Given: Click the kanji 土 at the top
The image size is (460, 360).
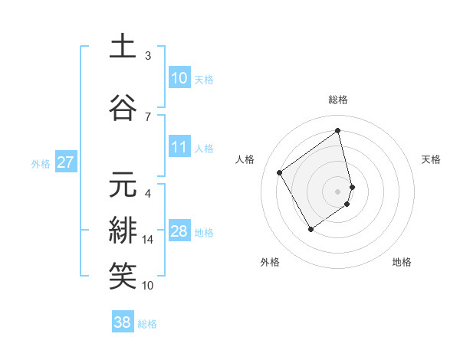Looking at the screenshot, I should click(123, 47).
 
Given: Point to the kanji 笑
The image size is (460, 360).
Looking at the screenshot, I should click(123, 277).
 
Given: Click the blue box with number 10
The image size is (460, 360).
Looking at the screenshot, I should click(179, 78).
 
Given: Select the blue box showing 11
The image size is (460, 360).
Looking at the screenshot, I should click(179, 147).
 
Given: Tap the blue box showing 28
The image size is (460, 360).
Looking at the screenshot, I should click(179, 232).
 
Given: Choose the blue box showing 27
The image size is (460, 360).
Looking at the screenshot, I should click(65, 162).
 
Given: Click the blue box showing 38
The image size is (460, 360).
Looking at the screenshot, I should click(123, 322).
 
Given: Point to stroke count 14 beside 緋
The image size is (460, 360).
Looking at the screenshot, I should click(148, 240).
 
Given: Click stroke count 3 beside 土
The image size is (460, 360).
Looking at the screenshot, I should click(148, 55).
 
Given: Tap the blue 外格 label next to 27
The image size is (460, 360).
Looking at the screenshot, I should click(41, 163).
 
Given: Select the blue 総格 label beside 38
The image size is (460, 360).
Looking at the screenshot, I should click(147, 324).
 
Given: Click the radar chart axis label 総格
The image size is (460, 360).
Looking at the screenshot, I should click(338, 100).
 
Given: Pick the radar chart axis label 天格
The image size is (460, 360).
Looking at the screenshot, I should click(432, 159).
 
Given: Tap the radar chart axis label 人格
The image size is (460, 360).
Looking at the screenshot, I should click(245, 159).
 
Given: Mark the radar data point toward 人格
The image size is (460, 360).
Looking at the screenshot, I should click(280, 172).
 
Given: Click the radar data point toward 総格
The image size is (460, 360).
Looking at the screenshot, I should click(338, 130).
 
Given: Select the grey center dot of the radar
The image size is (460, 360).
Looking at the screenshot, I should click(338, 191).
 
